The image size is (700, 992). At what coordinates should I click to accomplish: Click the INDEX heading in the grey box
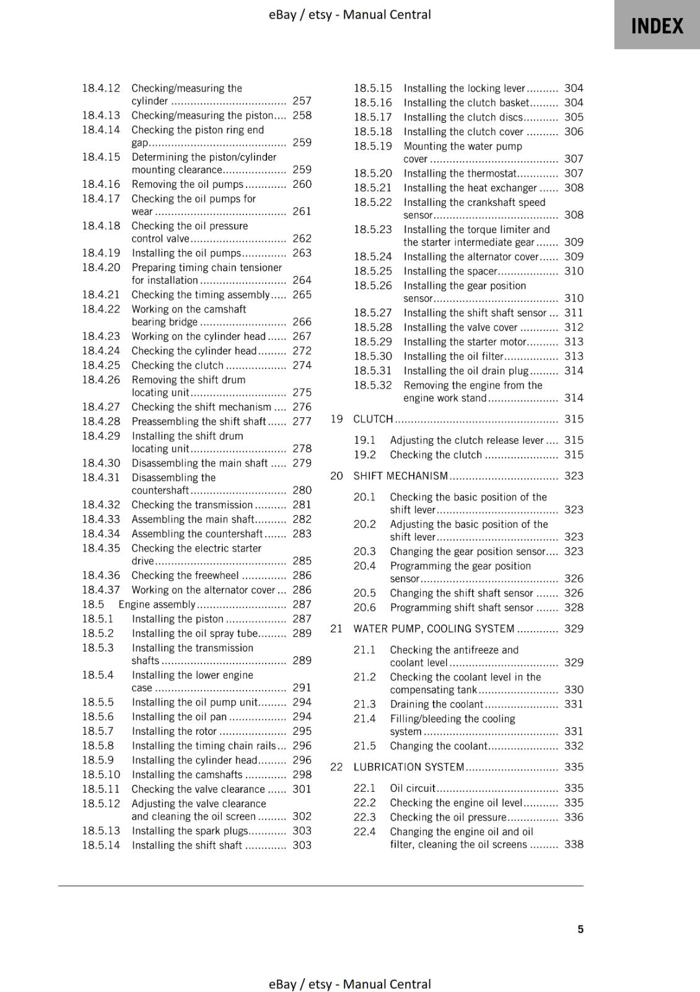click(x=657, y=26)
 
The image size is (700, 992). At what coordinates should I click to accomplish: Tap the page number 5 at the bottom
click(x=580, y=929)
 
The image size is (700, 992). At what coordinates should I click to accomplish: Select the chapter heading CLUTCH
click(x=373, y=419)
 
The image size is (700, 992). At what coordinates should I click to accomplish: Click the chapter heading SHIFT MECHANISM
click(x=400, y=476)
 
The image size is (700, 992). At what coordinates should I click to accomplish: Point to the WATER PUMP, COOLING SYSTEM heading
click(x=434, y=629)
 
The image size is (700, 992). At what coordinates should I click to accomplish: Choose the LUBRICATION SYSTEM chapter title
click(x=409, y=767)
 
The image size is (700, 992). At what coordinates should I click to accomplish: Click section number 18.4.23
click(x=101, y=336)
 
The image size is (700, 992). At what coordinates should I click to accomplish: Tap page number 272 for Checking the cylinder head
click(x=302, y=351)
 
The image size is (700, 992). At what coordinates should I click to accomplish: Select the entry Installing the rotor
click(x=174, y=731)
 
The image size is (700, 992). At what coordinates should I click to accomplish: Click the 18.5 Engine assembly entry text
click(x=157, y=604)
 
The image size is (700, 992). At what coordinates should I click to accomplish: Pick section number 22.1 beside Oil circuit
click(x=364, y=788)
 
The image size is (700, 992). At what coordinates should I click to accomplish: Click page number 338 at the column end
click(x=574, y=844)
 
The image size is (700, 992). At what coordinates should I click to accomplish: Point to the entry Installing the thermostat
click(x=460, y=174)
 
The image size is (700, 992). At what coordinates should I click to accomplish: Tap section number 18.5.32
click(x=373, y=385)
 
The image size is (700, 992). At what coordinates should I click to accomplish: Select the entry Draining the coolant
click(x=436, y=704)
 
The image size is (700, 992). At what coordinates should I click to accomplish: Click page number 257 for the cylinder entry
click(x=302, y=100)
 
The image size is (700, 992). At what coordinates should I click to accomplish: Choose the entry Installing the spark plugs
click(x=189, y=831)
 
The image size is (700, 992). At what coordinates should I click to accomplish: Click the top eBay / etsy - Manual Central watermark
click(x=349, y=14)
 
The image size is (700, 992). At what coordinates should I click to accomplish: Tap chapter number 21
click(x=336, y=629)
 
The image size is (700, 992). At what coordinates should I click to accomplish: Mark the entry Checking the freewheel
click(x=185, y=575)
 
